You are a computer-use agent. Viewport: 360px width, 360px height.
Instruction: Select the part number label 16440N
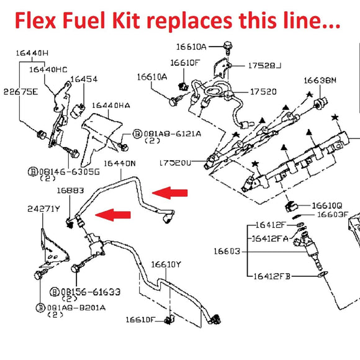120,163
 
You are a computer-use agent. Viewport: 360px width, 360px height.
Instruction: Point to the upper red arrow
170,192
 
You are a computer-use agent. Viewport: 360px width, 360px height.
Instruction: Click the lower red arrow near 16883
114,215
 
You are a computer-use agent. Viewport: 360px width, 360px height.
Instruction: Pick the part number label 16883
71,191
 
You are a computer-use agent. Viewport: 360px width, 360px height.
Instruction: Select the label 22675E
20,92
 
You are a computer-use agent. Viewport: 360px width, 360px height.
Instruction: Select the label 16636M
320,80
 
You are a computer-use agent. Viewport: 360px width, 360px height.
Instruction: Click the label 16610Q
327,204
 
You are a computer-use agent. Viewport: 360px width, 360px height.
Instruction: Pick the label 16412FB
277,275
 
